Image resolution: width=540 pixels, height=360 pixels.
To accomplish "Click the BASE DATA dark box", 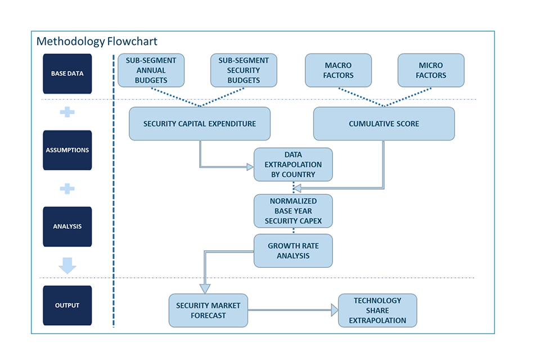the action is [x=67, y=73].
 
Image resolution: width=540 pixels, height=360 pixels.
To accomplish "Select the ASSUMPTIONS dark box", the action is [x=67, y=150].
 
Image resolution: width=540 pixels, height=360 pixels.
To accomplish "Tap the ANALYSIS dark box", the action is [x=67, y=226].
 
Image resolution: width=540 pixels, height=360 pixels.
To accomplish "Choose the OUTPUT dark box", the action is [x=67, y=305].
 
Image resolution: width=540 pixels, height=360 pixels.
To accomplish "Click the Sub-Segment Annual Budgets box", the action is [x=151, y=70].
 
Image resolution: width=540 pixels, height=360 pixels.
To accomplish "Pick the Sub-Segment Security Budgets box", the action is [x=244, y=70].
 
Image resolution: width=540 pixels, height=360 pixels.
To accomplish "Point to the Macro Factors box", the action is [x=338, y=70].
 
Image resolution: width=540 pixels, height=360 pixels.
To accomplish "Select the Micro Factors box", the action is [x=431, y=70].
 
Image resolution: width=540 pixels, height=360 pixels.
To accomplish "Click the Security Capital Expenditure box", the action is [x=199, y=124].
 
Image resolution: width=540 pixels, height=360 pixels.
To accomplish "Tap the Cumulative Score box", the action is [x=384, y=124].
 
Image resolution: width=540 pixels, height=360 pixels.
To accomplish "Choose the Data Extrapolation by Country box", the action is [x=293, y=165].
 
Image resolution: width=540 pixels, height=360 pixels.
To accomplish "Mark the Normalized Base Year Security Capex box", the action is [x=293, y=211].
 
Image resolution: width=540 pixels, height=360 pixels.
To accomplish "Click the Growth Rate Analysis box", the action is [x=293, y=251].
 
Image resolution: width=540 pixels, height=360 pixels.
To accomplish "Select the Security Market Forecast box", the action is [x=208, y=310].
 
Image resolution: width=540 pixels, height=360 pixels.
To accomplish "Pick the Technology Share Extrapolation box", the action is [x=377, y=310].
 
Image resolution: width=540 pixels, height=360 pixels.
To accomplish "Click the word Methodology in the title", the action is [x=71, y=41].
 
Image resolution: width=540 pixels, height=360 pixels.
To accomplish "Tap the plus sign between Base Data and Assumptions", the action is [x=67, y=112].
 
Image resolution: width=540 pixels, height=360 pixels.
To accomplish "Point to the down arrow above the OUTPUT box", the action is [x=67, y=265].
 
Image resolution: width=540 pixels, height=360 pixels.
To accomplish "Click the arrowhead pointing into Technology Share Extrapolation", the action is [x=334, y=310].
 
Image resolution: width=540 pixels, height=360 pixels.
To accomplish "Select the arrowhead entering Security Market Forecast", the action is [x=205, y=289].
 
